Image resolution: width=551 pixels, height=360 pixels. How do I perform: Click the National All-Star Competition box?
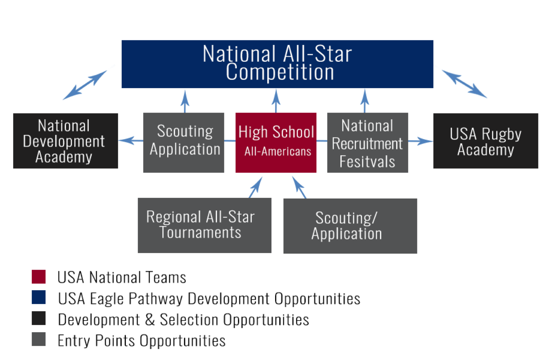pyautogui.click(x=277, y=64)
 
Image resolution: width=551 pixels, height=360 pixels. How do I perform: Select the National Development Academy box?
pyautogui.click(x=65, y=141)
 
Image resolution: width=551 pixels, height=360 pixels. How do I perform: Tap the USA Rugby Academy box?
pyautogui.click(x=486, y=141)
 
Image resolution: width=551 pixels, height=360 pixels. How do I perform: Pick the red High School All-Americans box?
pyautogui.click(x=276, y=143)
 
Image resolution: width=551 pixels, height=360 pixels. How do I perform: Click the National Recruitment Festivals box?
pyautogui.click(x=367, y=143)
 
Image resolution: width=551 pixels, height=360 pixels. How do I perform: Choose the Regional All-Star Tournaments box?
pyautogui.click(x=205, y=225)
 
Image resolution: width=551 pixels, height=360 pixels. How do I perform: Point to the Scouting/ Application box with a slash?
pyautogui.click(x=350, y=226)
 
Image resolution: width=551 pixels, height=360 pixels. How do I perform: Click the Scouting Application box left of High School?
pyautogui.click(x=184, y=143)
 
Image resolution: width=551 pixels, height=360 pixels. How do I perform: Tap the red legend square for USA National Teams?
pyautogui.click(x=39, y=277)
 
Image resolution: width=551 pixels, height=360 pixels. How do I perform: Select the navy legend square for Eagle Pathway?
pyautogui.click(x=39, y=297)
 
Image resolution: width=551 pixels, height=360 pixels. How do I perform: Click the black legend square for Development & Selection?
pyautogui.click(x=39, y=318)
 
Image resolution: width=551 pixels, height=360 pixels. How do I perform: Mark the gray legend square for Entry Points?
pyautogui.click(x=39, y=339)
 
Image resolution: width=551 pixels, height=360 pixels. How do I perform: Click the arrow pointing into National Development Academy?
pyautogui.click(x=131, y=141)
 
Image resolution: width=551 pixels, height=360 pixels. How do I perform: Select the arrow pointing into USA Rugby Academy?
pyautogui.click(x=421, y=141)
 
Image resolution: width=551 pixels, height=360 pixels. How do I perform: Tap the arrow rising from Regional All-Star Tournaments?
pyautogui.click(x=256, y=187)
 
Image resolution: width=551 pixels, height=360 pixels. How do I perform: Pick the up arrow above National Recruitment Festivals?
pyautogui.click(x=365, y=101)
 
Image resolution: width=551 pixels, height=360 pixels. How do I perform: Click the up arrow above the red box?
pyautogui.click(x=276, y=101)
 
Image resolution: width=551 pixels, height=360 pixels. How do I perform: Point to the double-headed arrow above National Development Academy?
pyautogui.click(x=85, y=85)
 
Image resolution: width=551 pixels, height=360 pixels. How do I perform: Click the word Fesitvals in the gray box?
pyautogui.click(x=367, y=161)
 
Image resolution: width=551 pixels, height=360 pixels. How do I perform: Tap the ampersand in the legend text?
pyautogui.click(x=150, y=320)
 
